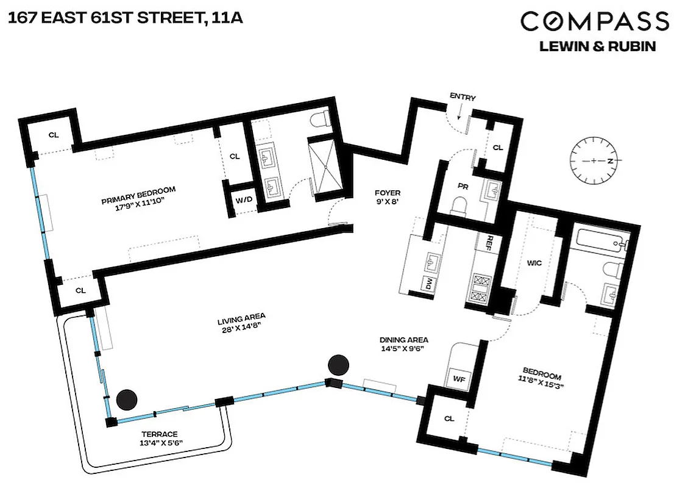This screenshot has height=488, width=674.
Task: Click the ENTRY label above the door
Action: (x=462, y=97)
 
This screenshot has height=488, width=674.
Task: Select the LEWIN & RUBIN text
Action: (x=598, y=47)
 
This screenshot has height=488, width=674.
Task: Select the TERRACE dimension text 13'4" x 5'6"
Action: (x=161, y=443)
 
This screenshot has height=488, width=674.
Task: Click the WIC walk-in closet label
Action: (x=534, y=263)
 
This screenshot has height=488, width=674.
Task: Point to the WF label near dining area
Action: (x=459, y=378)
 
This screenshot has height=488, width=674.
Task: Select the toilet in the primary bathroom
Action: (x=319, y=120)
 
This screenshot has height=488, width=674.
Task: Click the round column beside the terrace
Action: (x=127, y=400)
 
